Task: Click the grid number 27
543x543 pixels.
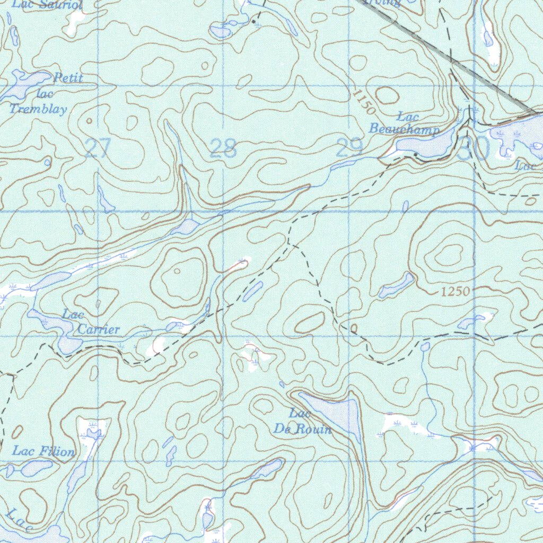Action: [x=97, y=148]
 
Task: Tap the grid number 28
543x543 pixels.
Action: [x=223, y=149]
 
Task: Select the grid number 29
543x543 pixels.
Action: [x=349, y=148]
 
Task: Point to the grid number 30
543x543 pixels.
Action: [x=475, y=150]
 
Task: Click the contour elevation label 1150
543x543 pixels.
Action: [x=364, y=101]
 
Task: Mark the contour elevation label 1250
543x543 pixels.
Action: [x=455, y=292]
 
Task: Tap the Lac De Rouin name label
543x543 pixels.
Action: [x=303, y=422]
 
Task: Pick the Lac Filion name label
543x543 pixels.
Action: [x=43, y=452]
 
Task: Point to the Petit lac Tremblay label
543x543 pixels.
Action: [x=45, y=94]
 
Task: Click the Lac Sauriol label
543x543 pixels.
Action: [x=48, y=5]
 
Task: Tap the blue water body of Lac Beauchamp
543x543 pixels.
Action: [x=424, y=145]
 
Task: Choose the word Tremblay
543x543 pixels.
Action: [x=39, y=110]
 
